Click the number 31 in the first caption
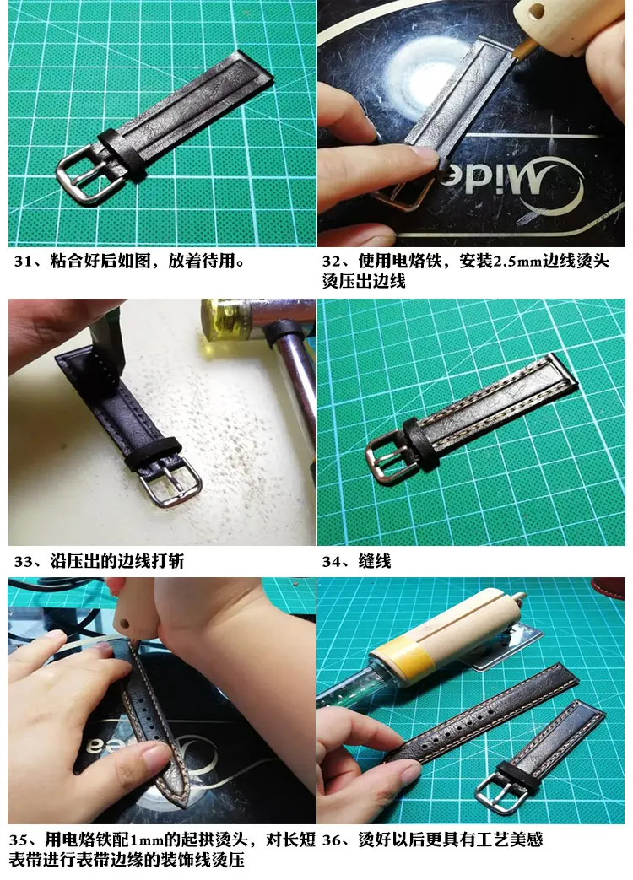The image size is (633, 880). pos(23,262)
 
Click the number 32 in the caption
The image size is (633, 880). pos(332,262)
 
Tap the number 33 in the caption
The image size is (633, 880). pos(23,561)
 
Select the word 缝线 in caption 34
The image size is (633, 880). pos(374,561)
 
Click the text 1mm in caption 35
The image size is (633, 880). pos(146,840)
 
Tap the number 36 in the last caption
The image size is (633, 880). pos(332,840)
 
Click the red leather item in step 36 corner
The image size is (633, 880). pos(609,587)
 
